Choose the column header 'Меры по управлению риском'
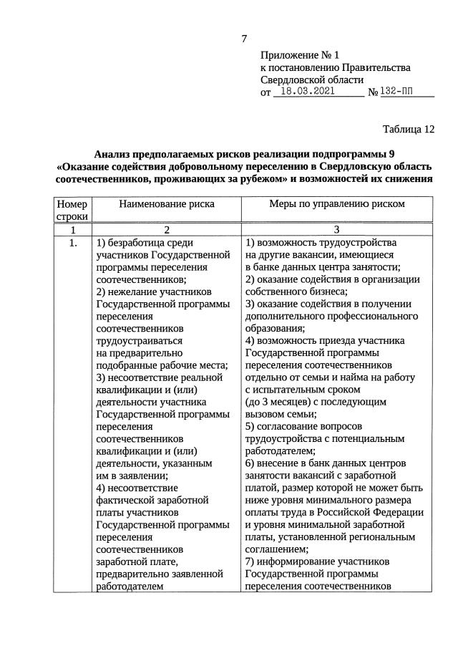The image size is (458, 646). [336, 203]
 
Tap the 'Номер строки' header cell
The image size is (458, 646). [72, 210]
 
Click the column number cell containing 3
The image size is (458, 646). [336, 230]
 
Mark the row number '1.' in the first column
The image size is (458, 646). [72, 243]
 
